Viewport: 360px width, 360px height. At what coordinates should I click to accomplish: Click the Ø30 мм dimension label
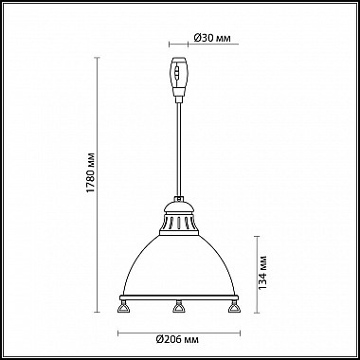pyautogui.click(x=212, y=38)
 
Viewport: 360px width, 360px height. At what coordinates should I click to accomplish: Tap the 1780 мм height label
pyautogui.click(x=91, y=173)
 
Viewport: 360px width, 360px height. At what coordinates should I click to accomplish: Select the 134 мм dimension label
pyautogui.click(x=262, y=273)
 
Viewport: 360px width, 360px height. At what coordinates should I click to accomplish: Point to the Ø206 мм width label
pyautogui.click(x=177, y=340)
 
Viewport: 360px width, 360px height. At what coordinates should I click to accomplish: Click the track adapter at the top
pyautogui.click(x=179, y=77)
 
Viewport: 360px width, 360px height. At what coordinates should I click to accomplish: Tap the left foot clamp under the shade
pyautogui.click(x=123, y=306)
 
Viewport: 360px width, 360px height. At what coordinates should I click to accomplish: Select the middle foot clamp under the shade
pyautogui.click(x=179, y=306)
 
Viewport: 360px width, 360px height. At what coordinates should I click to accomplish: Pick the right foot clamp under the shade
pyautogui.click(x=234, y=306)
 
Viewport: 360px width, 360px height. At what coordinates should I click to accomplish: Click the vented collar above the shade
pyautogui.click(x=179, y=225)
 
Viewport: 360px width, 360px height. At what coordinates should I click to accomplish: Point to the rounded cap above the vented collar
pyautogui.click(x=179, y=207)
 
